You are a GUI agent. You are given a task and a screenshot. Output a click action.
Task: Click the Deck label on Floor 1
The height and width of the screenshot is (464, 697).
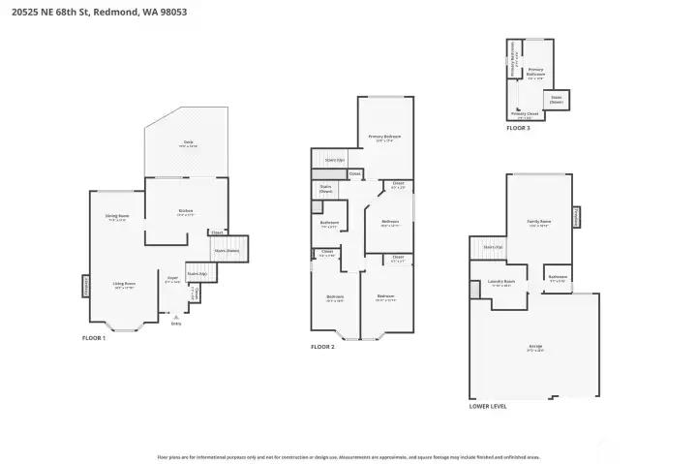[188, 143]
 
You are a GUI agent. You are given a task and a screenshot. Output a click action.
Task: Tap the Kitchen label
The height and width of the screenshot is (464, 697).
[185, 212]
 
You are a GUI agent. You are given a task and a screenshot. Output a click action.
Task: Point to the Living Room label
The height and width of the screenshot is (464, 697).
[123, 285]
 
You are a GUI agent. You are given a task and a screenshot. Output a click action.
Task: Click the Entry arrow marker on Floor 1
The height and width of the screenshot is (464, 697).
[175, 317]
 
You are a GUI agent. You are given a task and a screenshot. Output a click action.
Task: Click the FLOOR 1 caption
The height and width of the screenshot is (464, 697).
[94, 337]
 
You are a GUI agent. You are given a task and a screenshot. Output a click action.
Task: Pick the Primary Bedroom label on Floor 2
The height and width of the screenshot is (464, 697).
[384, 138]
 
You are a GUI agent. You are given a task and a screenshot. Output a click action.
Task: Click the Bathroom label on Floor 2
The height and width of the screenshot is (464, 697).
[328, 224]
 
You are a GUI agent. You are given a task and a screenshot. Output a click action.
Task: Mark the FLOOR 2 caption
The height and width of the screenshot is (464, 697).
[322, 346]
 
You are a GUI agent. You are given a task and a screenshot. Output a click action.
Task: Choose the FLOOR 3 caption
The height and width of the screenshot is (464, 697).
[518, 127]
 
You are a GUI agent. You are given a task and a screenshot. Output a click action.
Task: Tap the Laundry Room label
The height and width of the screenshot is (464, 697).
[500, 283]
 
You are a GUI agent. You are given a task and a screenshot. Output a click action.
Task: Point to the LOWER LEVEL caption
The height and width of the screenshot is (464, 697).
[488, 406]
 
